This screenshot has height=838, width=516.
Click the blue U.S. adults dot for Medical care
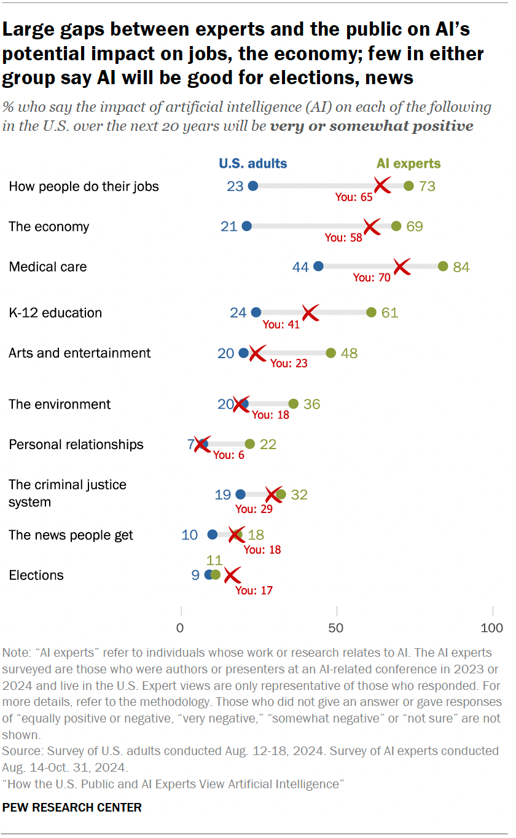click(318, 266)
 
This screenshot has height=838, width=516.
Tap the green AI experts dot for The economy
click(396, 226)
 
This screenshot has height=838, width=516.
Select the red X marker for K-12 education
click(310, 312)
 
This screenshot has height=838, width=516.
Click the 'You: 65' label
click(353, 197)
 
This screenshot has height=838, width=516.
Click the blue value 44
click(300, 267)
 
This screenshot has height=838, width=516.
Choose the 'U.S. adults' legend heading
click(253, 163)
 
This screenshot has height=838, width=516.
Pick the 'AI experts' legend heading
click(408, 163)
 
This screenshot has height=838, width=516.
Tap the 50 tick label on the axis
click(337, 628)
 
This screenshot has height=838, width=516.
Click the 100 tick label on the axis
click(492, 628)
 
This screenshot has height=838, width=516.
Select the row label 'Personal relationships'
click(76, 444)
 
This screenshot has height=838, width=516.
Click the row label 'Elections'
click(36, 575)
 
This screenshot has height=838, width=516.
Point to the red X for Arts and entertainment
click(257, 353)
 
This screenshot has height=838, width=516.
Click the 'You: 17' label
click(254, 590)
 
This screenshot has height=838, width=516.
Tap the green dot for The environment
click(293, 404)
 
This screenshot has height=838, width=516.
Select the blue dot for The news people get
click(213, 535)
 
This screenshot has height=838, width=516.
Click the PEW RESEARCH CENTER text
click(72, 807)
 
